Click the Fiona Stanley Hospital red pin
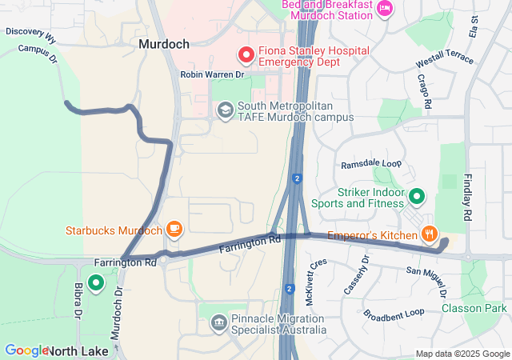pos(246,55)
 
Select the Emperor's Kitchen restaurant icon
pos(430,234)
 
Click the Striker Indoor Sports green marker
pos(416,196)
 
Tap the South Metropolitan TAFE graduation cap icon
pos(225,110)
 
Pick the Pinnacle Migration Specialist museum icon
pos(218,322)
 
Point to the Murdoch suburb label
pos(164,45)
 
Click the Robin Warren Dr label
pos(212,74)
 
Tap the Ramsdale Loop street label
pos(371,163)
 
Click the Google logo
pos(26,350)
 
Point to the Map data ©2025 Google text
pos(462,354)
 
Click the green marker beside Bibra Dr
pos(96,282)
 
